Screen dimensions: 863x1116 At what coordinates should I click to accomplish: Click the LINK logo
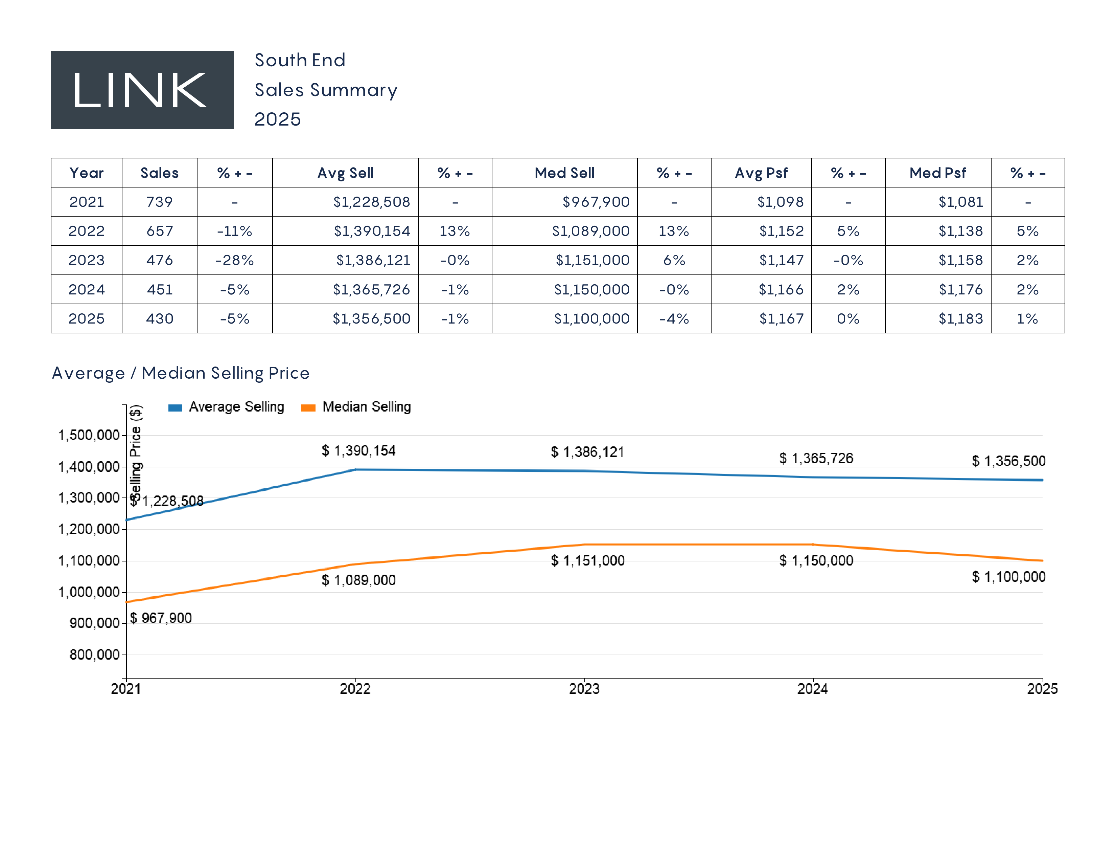coord(142,90)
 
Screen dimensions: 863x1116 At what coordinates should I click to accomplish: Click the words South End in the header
coord(300,60)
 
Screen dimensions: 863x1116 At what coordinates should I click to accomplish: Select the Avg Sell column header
coord(345,173)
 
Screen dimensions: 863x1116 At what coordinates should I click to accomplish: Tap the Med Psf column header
coord(938,173)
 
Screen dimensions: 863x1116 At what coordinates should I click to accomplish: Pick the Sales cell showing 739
coord(159,202)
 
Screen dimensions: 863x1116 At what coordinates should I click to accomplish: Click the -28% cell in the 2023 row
coord(235,260)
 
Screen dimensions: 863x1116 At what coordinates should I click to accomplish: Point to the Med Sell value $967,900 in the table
coord(596,202)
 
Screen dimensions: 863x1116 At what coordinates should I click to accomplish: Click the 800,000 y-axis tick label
coord(95,655)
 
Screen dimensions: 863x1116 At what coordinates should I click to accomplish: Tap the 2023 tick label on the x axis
coord(584,689)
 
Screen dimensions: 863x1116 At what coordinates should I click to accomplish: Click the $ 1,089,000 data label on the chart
coord(359,580)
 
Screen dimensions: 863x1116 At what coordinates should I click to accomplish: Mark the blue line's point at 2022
coord(356,469)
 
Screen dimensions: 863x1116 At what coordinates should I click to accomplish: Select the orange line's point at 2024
coord(813,545)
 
